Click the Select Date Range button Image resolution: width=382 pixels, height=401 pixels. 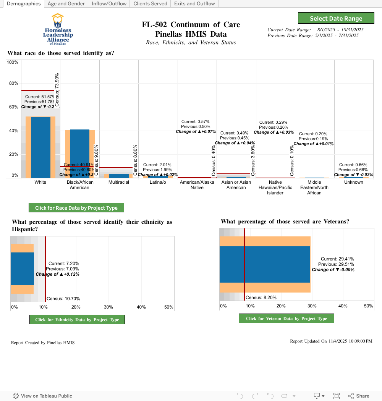click(x=336, y=18)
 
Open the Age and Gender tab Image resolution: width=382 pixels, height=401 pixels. click(x=66, y=4)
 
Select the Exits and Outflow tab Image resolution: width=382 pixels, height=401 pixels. click(x=194, y=4)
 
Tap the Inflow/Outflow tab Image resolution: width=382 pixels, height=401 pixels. click(x=109, y=4)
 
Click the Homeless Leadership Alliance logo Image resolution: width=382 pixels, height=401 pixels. click(x=58, y=30)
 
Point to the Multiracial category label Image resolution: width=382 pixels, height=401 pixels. click(x=119, y=182)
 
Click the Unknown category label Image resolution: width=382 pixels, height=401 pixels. click(x=354, y=182)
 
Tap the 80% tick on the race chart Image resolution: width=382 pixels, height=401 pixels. click(x=14, y=83)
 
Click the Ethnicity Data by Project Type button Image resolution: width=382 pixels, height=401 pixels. click(x=77, y=320)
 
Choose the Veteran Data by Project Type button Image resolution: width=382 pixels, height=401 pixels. click(x=286, y=319)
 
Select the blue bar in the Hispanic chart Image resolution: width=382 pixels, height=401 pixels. click(x=22, y=269)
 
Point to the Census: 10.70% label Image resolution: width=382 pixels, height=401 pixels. click(x=63, y=299)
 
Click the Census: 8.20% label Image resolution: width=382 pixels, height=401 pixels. click(x=258, y=298)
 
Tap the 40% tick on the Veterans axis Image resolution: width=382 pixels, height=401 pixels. click(x=343, y=306)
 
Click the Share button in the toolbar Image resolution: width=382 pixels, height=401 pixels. click(x=358, y=396)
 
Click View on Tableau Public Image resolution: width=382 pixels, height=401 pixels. click(x=42, y=396)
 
